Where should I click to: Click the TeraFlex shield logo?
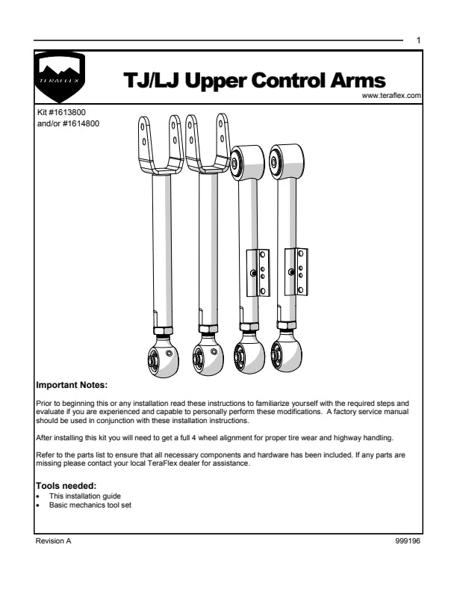61,78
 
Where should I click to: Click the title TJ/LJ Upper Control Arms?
255,81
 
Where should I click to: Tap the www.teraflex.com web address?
391,96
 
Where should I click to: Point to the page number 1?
419,40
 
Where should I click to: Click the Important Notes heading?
72,386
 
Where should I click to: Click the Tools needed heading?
66,487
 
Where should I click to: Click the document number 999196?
409,540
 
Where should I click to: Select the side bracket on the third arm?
258,272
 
